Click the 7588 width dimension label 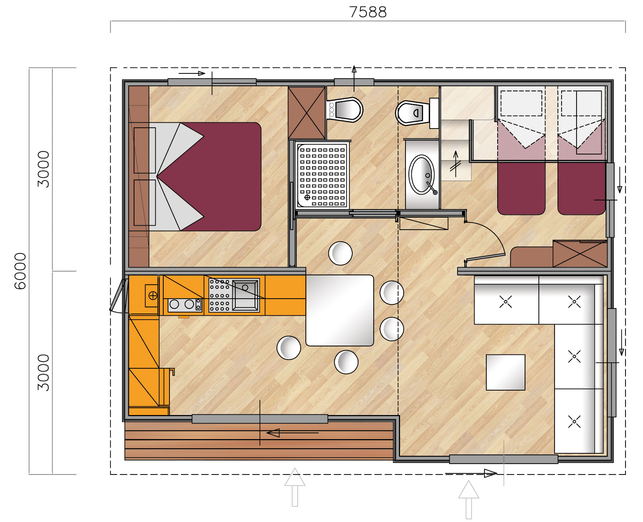[x=368, y=12]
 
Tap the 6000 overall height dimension [x=20, y=271]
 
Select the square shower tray [x=322, y=175]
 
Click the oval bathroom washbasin [x=422, y=174]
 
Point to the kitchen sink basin [x=245, y=295]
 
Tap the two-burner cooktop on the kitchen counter [x=184, y=304]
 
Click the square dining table [x=339, y=310]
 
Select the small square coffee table [x=505, y=372]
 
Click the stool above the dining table [x=340, y=253]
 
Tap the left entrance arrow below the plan [x=295, y=487]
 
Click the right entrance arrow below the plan [x=468, y=499]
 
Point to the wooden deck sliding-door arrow [x=292, y=433]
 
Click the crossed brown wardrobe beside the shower [x=307, y=113]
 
